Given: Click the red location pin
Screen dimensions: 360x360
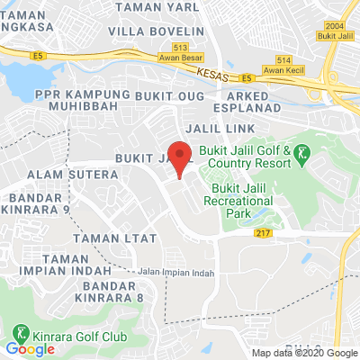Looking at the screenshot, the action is click(179, 158).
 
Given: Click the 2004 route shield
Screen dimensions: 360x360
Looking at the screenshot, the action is click(334, 28).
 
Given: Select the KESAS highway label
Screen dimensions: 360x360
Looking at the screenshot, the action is click(225, 77).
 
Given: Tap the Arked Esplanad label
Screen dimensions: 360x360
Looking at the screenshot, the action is click(261, 102).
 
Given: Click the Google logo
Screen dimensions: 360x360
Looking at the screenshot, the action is click(29, 349).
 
